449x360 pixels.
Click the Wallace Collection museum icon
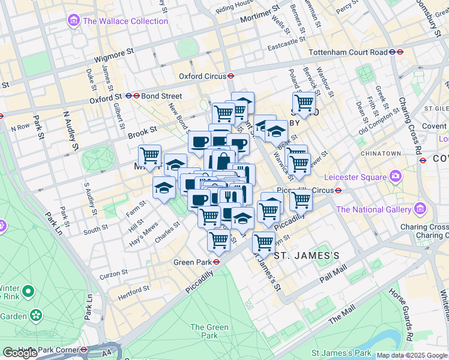(74, 22)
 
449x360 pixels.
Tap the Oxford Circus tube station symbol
(230, 76)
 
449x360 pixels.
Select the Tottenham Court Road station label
(348, 52)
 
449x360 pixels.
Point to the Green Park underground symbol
(215, 262)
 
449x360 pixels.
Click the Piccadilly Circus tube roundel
(339, 190)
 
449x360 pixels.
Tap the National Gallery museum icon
(420, 209)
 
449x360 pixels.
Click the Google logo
(20, 353)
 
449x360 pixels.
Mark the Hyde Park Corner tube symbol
(84, 349)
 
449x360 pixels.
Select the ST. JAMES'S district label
(307, 256)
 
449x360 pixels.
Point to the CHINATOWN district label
(381, 154)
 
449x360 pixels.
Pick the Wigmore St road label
(113, 56)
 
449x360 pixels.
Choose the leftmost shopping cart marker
(150, 156)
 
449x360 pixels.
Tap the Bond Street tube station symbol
(137, 96)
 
